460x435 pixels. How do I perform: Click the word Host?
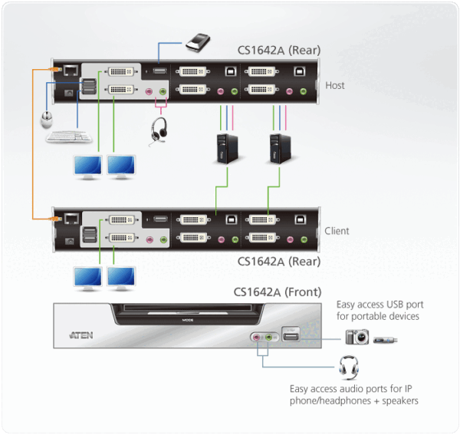pyautogui.click(x=335, y=85)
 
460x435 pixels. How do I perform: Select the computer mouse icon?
pyautogui.click(x=48, y=120)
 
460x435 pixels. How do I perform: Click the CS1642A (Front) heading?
pyautogui.click(x=277, y=292)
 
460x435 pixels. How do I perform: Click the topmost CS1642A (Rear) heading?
pyautogui.click(x=278, y=51)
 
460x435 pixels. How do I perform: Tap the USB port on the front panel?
pyautogui.click(x=291, y=335)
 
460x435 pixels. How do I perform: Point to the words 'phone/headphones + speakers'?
pyautogui.click(x=354, y=400)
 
